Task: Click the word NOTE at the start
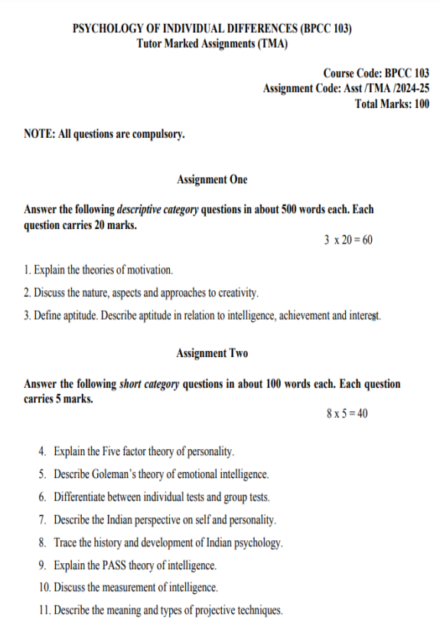(x=37, y=134)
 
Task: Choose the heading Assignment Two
(x=212, y=353)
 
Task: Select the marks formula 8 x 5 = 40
(x=347, y=414)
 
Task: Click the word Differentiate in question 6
(x=80, y=497)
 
